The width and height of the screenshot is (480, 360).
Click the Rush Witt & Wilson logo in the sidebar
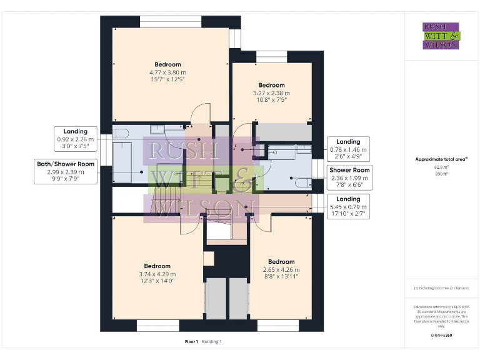(x=441, y=36)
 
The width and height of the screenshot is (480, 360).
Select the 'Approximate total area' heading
(x=441, y=159)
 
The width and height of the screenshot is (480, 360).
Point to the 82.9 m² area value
(x=441, y=167)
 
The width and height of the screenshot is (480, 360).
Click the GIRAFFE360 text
(x=441, y=336)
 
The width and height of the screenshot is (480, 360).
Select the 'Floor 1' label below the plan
(x=191, y=341)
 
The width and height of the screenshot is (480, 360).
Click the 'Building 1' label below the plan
(x=212, y=341)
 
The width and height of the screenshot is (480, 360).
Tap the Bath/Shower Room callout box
(x=66, y=171)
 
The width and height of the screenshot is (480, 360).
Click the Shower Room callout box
(x=349, y=177)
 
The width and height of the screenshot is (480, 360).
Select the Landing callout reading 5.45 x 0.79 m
(x=349, y=206)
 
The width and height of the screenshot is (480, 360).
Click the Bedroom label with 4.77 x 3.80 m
(x=167, y=64)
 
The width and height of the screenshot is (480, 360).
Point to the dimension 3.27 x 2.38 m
(x=272, y=93)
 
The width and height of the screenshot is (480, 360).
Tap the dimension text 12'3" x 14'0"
(x=157, y=281)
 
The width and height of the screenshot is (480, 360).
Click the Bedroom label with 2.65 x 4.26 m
(x=281, y=262)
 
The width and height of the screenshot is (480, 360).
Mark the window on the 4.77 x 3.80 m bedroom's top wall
(x=170, y=22)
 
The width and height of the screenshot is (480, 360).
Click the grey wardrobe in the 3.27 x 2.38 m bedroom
(x=285, y=132)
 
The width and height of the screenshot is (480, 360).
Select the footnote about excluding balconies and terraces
(x=441, y=288)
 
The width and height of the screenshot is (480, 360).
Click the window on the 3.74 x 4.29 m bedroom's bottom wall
(x=157, y=326)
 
